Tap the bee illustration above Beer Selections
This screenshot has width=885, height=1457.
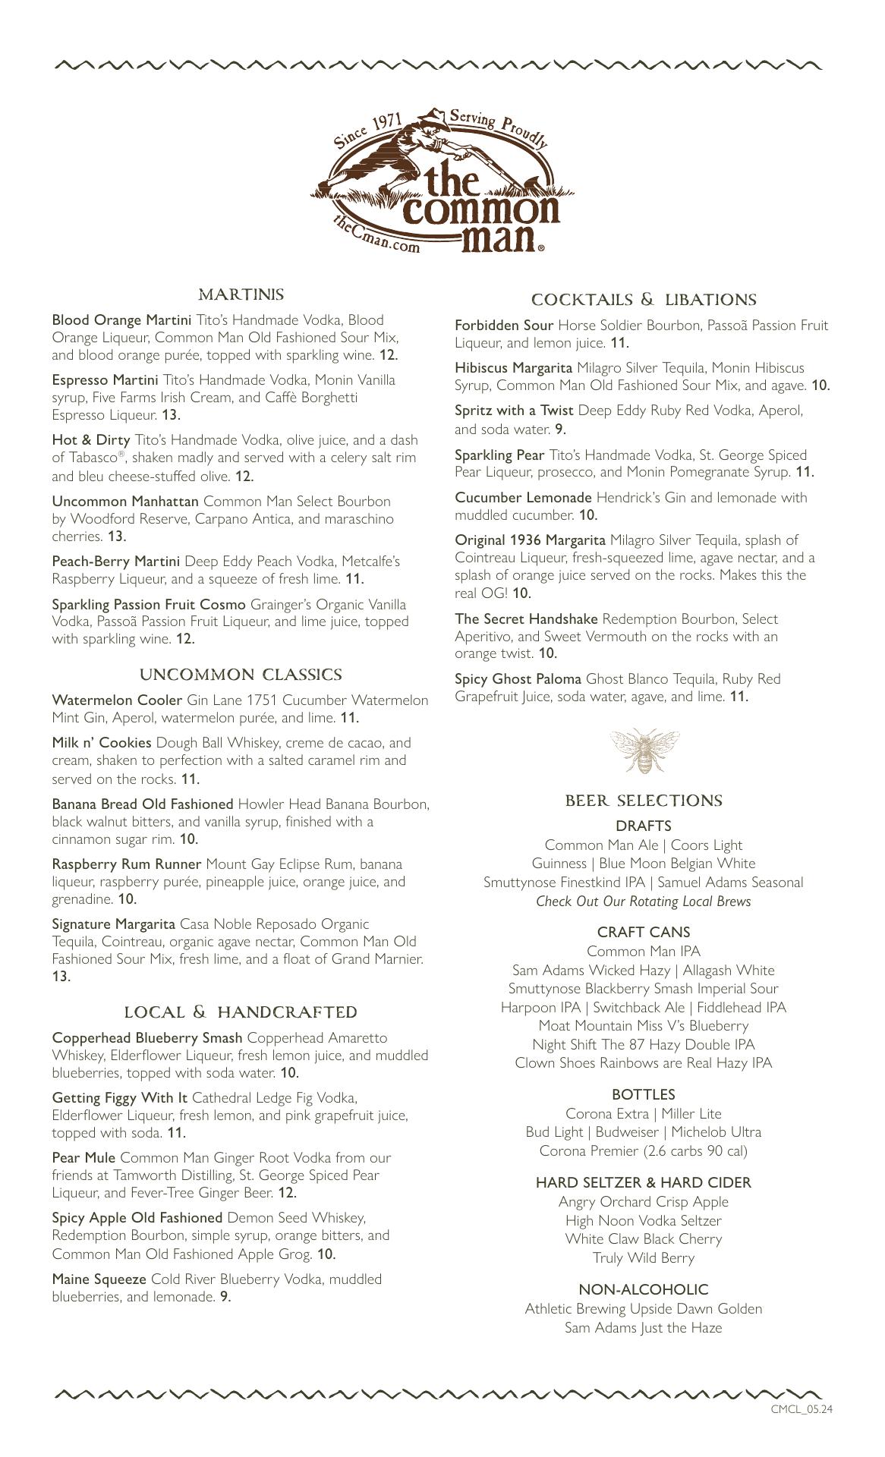click(x=644, y=751)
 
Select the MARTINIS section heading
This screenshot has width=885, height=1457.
click(x=241, y=294)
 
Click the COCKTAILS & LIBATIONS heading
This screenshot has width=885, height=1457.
click(x=644, y=300)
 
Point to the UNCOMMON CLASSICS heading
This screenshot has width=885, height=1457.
click(x=241, y=675)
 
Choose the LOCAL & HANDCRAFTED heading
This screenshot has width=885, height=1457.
click(x=241, y=1012)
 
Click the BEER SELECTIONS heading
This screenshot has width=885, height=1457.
click(x=644, y=801)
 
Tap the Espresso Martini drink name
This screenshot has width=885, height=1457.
click(x=105, y=379)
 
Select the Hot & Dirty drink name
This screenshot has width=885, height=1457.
click(x=91, y=440)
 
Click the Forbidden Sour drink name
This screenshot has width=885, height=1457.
click(x=504, y=326)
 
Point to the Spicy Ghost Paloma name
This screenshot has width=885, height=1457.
click(x=518, y=679)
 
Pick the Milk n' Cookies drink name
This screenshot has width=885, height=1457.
click(x=102, y=743)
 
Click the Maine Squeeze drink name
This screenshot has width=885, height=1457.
click(x=99, y=1279)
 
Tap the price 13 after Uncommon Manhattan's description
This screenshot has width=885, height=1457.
click(x=116, y=537)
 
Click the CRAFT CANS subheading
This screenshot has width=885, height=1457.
click(x=644, y=932)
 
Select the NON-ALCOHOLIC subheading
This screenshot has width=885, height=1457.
click(x=644, y=1289)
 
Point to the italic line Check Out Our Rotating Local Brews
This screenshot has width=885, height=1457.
click(x=644, y=902)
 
